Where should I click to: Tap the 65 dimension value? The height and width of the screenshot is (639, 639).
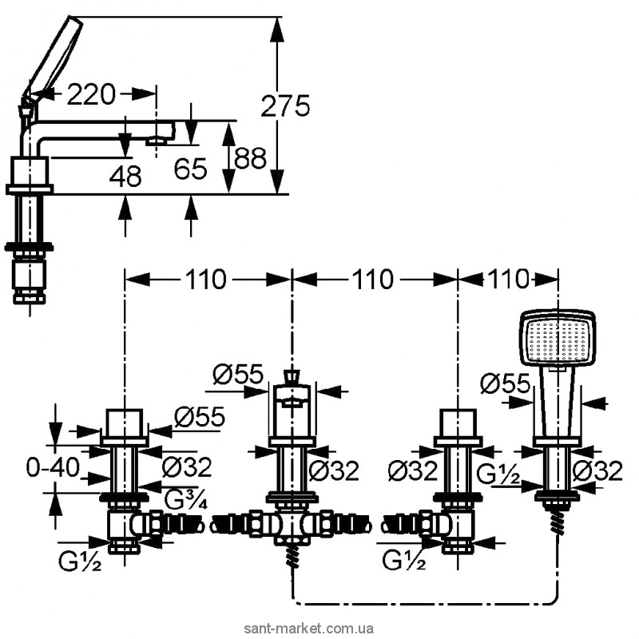point(191,169)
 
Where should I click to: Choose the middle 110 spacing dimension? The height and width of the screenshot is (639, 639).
point(374,280)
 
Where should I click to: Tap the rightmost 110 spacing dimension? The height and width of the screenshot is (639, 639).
point(508,280)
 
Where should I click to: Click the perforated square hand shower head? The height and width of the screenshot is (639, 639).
point(558,339)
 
